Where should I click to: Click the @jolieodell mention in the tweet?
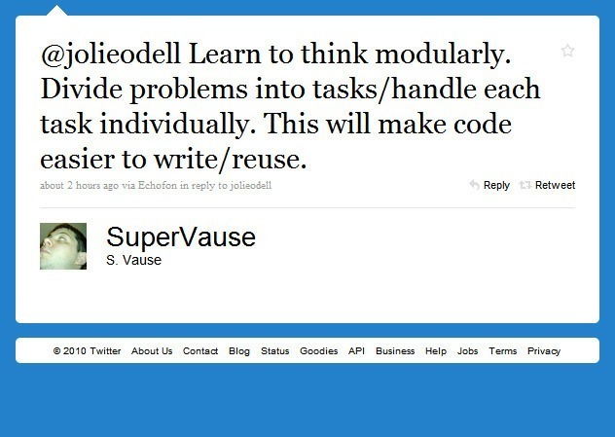pyautogui.click(x=110, y=55)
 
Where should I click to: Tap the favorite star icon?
pyautogui.click(x=567, y=51)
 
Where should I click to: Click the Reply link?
pyautogui.click(x=496, y=185)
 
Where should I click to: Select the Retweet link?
pyautogui.click(x=555, y=185)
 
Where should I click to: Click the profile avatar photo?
pyautogui.click(x=63, y=246)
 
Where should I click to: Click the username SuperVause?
pyautogui.click(x=181, y=237)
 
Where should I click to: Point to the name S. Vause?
pyautogui.click(x=133, y=260)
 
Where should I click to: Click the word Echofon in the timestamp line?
pyautogui.click(x=158, y=185)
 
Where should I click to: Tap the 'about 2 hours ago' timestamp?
pyautogui.click(x=79, y=185)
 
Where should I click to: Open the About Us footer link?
pyautogui.click(x=152, y=350)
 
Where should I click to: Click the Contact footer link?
pyautogui.click(x=200, y=350)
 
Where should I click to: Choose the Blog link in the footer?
pyautogui.click(x=239, y=351)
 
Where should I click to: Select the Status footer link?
pyautogui.click(x=275, y=350)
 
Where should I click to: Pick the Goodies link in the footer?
pyautogui.click(x=319, y=350)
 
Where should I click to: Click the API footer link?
pyautogui.click(x=356, y=350)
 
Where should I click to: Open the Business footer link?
pyautogui.click(x=395, y=350)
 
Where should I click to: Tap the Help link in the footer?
pyautogui.click(x=436, y=351)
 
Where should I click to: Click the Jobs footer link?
pyautogui.click(x=467, y=350)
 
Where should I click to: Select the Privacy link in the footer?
pyautogui.click(x=544, y=351)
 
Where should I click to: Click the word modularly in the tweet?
pyautogui.click(x=443, y=55)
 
